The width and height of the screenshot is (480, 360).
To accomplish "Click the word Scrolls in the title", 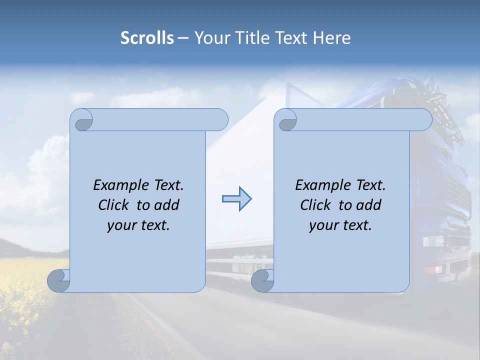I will tap(147, 38).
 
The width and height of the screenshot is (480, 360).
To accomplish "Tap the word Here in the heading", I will tap(332, 38).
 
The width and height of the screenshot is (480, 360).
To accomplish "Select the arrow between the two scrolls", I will tap(237, 199).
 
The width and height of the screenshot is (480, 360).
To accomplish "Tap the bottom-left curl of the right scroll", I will tap(262, 280).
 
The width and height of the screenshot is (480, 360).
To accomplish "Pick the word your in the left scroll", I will tap(121, 225).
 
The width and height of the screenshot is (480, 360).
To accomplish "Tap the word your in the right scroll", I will tap(323, 225).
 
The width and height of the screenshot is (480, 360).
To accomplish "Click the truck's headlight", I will tap(433, 241).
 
